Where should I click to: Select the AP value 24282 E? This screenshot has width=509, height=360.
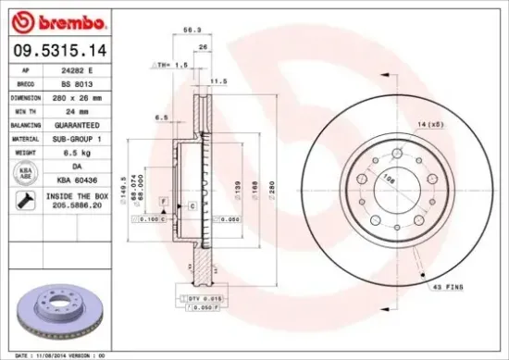pos(86,69)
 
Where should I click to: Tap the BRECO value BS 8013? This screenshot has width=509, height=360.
pos(86,82)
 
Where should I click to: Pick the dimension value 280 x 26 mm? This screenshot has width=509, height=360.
pos(86,96)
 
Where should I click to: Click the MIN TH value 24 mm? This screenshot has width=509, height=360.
pos(86,110)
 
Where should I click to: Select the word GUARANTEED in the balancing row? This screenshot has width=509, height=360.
pos(86,124)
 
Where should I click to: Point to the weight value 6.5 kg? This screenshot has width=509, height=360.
pos(86,151)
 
